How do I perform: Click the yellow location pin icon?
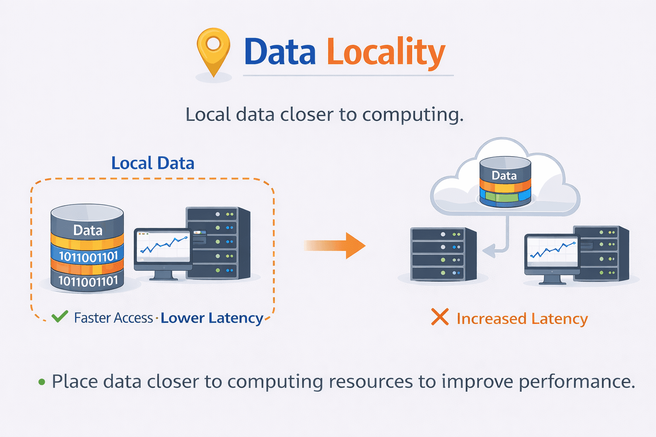[214, 49]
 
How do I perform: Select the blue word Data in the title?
[280, 52]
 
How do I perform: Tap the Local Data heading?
[153, 163]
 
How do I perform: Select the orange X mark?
[439, 317]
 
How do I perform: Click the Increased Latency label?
[522, 319]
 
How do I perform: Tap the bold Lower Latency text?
[212, 318]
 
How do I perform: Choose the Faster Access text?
[113, 318]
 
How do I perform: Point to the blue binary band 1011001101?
[88, 256]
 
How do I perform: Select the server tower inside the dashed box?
[219, 243]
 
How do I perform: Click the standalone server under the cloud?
[443, 254]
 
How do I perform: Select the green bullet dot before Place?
[41, 382]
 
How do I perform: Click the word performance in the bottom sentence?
[577, 382]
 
